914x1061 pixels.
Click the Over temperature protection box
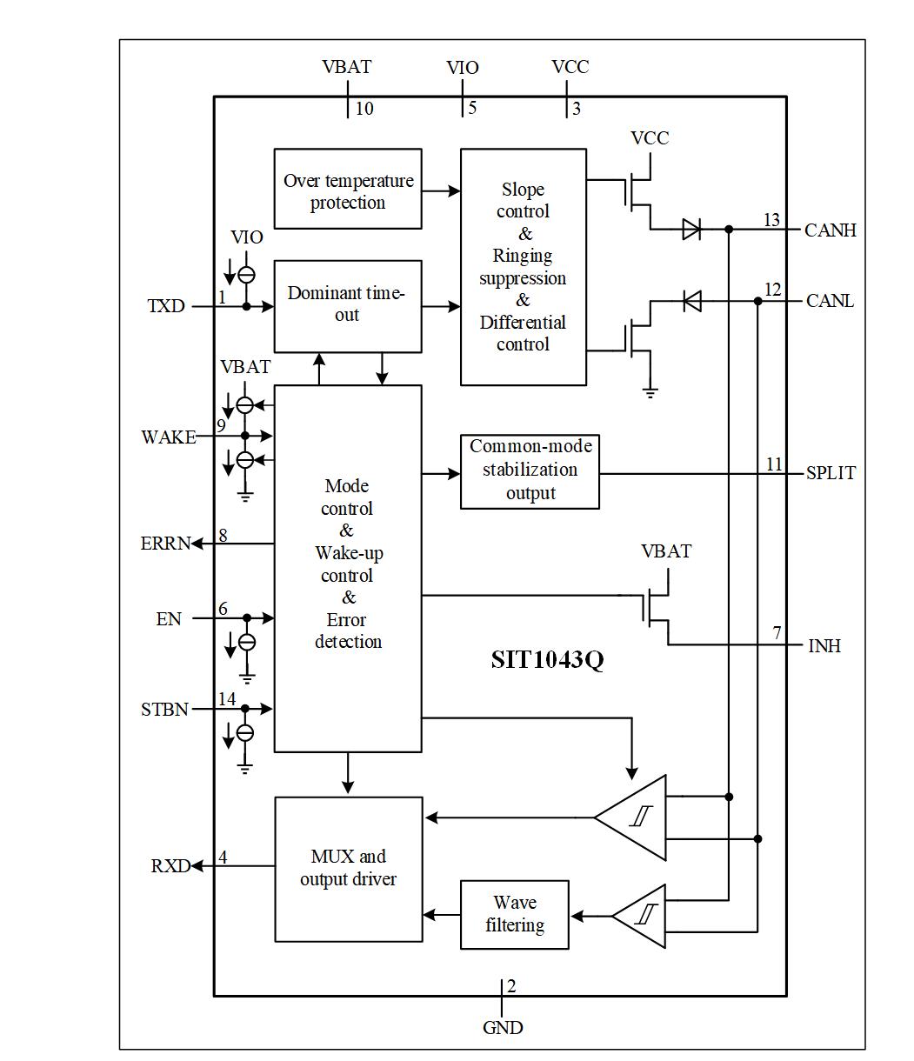click(348, 189)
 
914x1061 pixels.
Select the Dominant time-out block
click(348, 305)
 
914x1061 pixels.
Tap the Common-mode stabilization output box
click(530, 470)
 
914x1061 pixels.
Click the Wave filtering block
click(515, 914)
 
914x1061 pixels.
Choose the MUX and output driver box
click(349, 868)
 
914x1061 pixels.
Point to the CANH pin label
click(831, 230)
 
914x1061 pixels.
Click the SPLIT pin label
click(831, 473)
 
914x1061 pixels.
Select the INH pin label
click(824, 646)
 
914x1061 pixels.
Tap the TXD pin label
click(166, 306)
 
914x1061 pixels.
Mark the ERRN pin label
click(165, 544)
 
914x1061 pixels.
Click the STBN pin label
click(164, 710)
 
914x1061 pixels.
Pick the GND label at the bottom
click(503, 1028)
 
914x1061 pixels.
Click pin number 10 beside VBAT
click(364, 109)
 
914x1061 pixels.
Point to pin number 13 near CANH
click(771, 220)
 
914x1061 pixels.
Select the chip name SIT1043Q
click(547, 660)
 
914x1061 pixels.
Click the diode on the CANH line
click(691, 230)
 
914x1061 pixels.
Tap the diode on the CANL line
click(692, 301)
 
